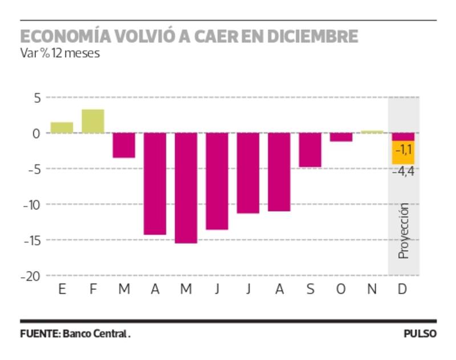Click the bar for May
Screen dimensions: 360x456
point(186,188)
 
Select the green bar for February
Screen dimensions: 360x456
point(93,121)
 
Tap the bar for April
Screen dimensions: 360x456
point(154,184)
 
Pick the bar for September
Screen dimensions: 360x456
point(310,150)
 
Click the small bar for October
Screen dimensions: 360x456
point(341,137)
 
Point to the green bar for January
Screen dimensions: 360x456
point(62,127)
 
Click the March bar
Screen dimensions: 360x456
point(124,145)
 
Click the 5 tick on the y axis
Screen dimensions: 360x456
point(37,98)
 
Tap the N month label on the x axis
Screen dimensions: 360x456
point(372,290)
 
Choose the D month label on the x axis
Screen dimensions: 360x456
point(402,290)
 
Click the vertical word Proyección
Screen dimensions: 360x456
point(404,230)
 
